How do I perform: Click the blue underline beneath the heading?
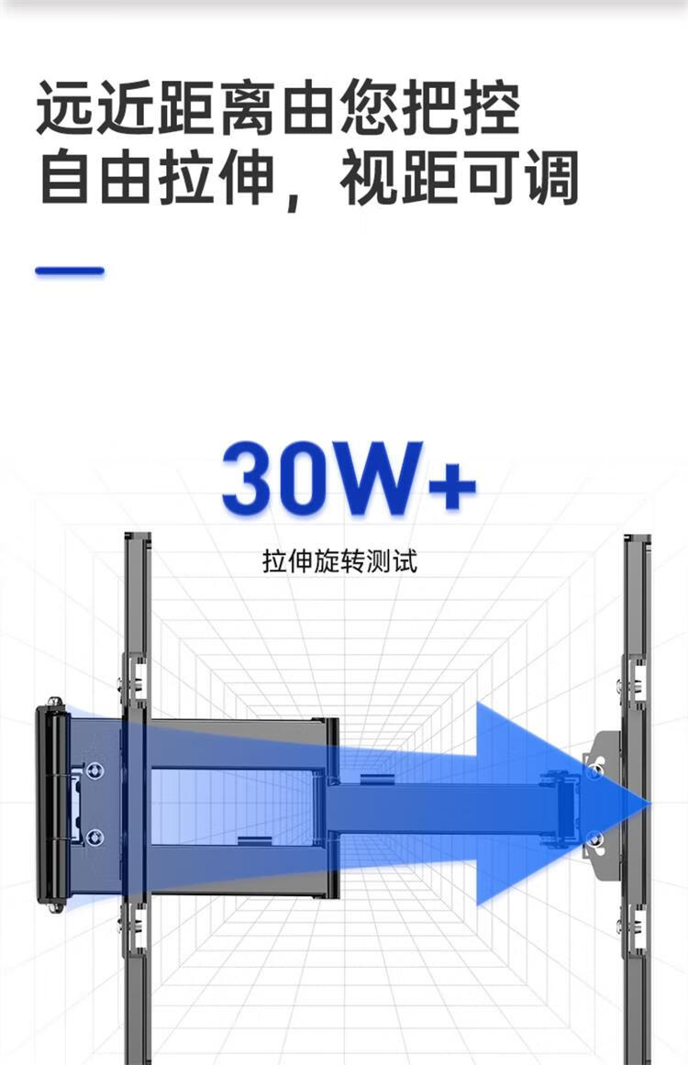coord(70,272)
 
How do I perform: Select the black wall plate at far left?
coord(52,804)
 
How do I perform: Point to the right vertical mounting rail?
coord(637,642)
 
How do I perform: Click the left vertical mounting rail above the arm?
coord(137,605)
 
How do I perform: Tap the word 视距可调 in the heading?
coord(459,179)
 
